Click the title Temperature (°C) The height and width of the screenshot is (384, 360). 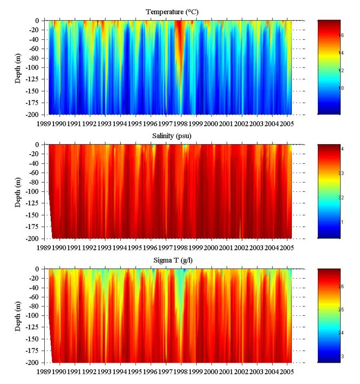(x=171, y=11)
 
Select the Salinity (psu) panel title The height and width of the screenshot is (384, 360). (x=171, y=135)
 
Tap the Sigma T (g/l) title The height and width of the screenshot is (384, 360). (x=171, y=259)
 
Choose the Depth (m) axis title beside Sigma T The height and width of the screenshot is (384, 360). (x=18, y=316)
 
